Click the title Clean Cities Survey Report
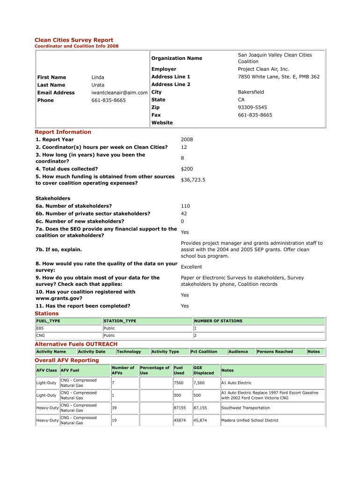coord(74,40)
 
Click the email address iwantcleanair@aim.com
coord(119,93)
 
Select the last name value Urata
coord(98,85)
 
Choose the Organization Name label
coord(177,58)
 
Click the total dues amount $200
coord(187,169)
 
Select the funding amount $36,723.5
coord(193,180)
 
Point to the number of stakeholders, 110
coord(185,206)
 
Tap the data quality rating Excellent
coord(191,267)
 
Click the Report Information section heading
coord(63,132)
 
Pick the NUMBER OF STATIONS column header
coord(218,321)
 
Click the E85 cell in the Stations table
coord(40,328)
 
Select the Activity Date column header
coord(92,351)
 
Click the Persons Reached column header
coord(275,351)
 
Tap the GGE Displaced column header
coord(203,370)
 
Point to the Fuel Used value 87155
coord(180,408)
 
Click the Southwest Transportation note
coord(245,408)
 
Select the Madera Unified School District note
coord(250,421)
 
